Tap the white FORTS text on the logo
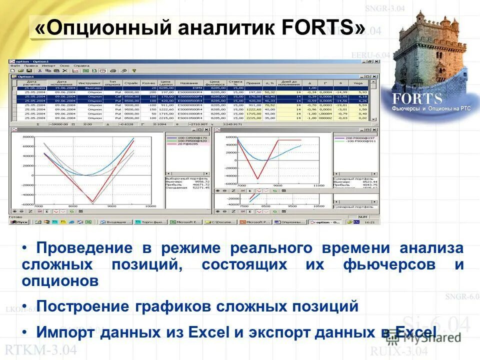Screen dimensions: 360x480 click(417, 97)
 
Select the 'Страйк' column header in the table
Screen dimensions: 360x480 click(131, 83)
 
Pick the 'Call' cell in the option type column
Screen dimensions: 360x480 click(118, 96)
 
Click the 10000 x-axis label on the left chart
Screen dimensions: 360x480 click(150, 206)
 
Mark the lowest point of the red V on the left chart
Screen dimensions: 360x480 click(92, 202)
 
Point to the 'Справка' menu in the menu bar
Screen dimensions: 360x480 click(81, 65)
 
